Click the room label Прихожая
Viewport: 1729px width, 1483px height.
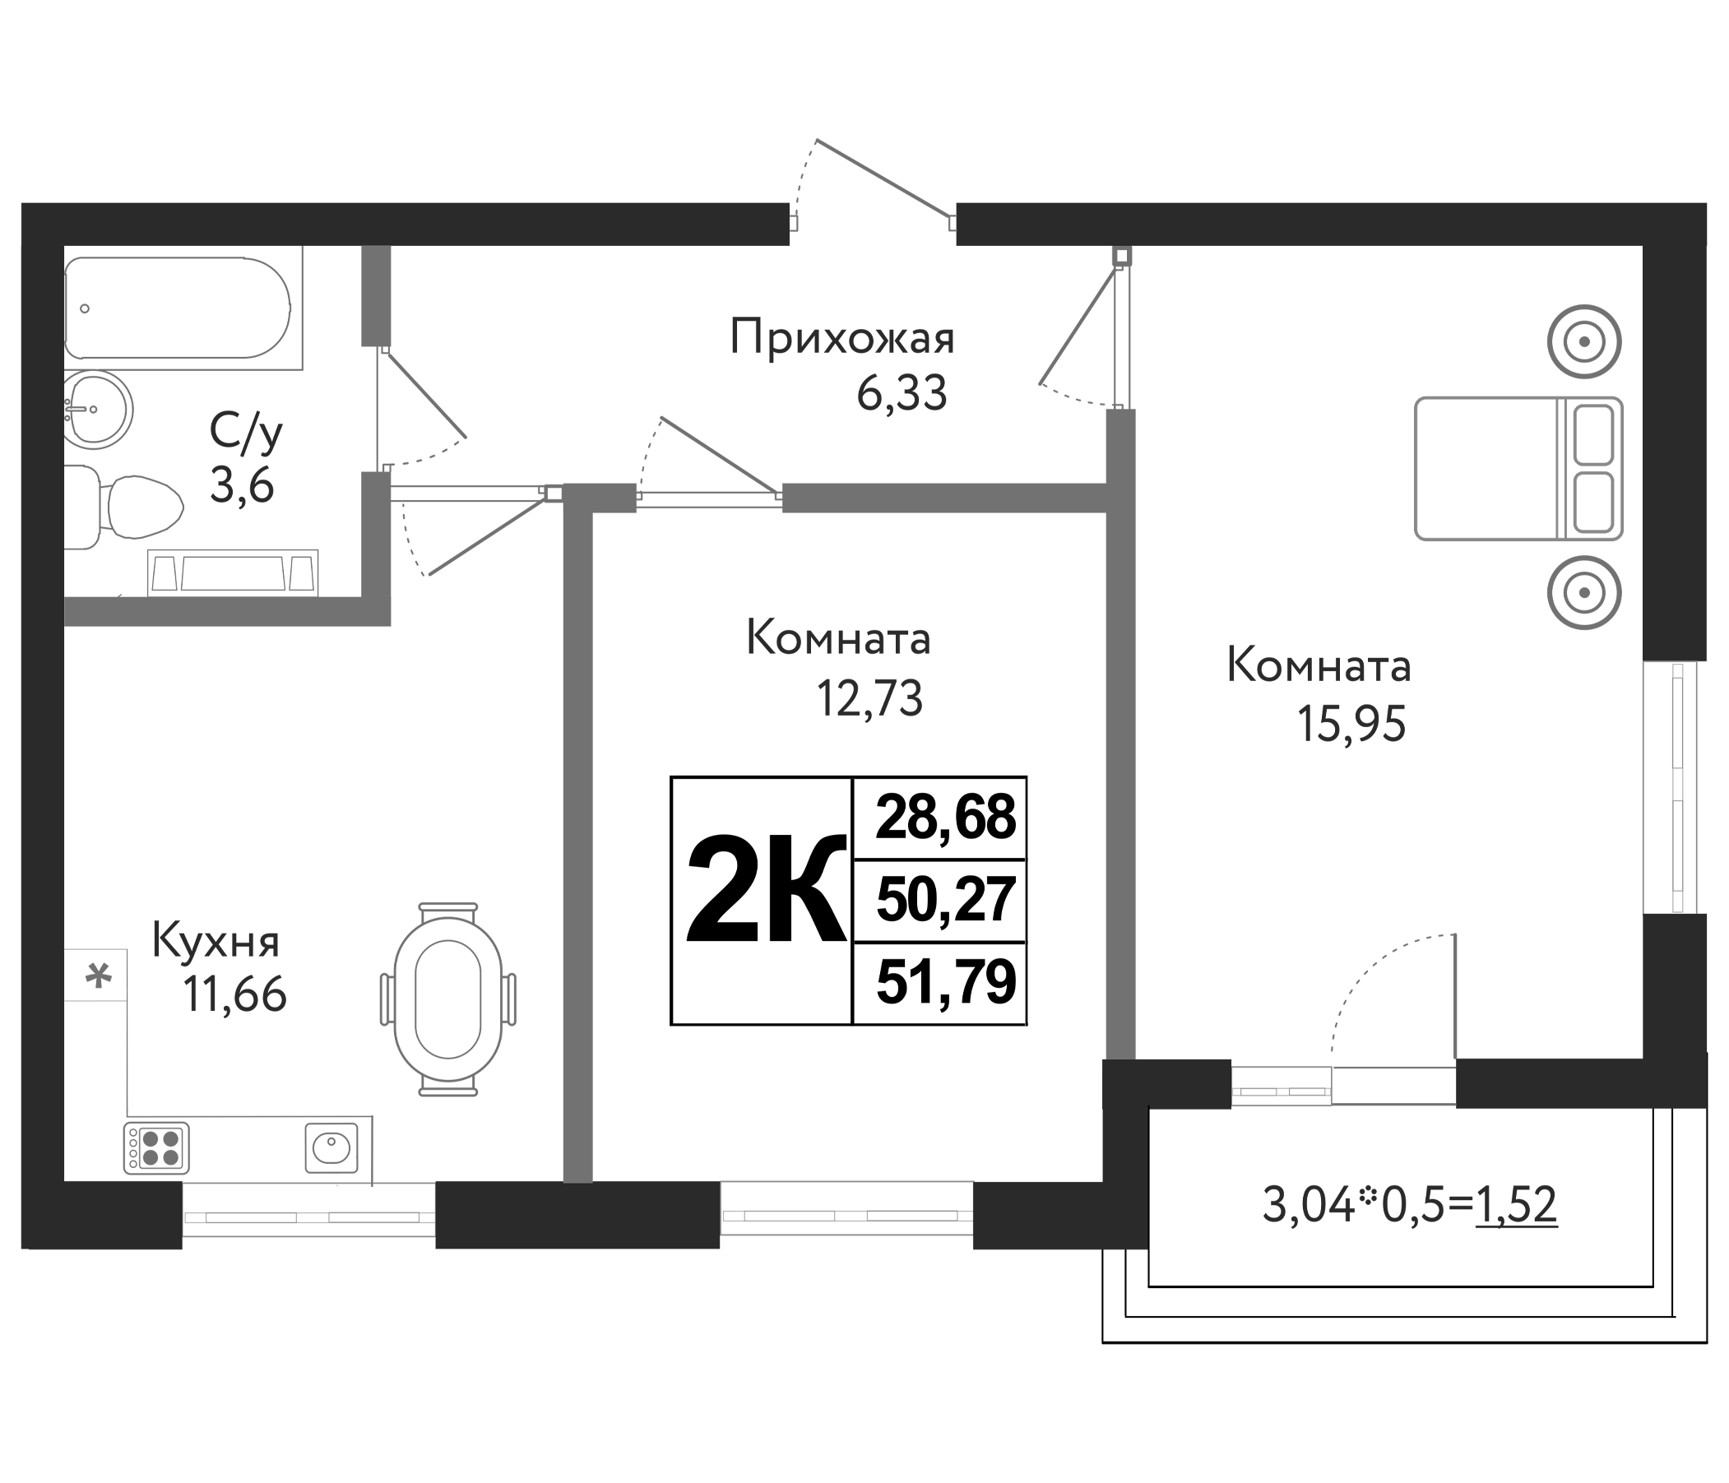coord(841,338)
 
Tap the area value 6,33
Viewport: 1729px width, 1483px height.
coord(902,393)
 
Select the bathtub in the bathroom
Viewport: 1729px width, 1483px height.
coord(177,307)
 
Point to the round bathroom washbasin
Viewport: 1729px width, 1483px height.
coord(99,410)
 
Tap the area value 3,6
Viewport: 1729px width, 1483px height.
coord(241,486)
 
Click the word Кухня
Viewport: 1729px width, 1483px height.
coord(216,942)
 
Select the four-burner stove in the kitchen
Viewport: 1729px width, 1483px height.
coord(157,1148)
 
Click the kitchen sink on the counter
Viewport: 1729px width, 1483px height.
coord(331,1148)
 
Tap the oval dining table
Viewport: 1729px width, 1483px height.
coord(448,999)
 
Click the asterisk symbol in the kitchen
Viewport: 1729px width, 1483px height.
coord(99,975)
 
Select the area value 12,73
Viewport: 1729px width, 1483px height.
coord(869,699)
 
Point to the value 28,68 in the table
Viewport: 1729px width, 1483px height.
coord(945,818)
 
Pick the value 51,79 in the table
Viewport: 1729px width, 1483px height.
coord(945,982)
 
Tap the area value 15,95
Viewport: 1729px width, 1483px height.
coord(1351,724)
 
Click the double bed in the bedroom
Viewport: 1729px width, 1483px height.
coord(1518,468)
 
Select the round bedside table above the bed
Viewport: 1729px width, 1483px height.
coord(1583,342)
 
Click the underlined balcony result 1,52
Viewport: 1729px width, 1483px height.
coord(1515,1205)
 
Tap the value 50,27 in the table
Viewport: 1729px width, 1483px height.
coord(945,901)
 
